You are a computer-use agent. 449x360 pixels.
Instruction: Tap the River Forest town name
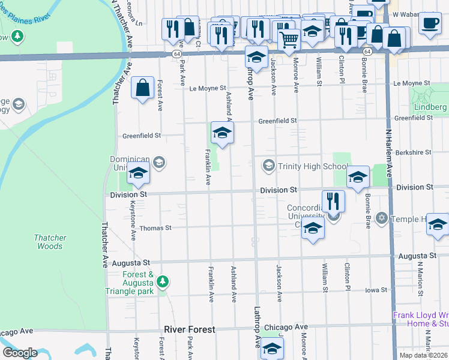pyautogui.click(x=189, y=330)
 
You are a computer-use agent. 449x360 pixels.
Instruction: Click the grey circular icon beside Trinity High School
pyautogui.click(x=268, y=165)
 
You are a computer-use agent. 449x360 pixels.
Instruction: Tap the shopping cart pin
pyautogui.click(x=289, y=40)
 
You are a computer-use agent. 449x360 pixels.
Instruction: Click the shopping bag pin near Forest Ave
pyautogui.click(x=143, y=88)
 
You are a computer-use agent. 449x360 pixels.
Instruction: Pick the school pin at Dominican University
pyautogui.click(x=138, y=174)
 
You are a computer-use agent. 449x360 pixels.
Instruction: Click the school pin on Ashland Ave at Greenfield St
pyautogui.click(x=221, y=133)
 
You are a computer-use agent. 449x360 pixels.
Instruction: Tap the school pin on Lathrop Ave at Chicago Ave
pyautogui.click(x=272, y=349)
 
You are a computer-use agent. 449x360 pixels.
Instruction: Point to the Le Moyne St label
pyautogui.click(x=207, y=89)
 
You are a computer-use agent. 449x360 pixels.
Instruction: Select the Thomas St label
pyautogui.click(x=155, y=228)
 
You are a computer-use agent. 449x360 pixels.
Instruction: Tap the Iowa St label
pyautogui.click(x=376, y=290)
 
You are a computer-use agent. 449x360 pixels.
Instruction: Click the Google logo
pyautogui.click(x=20, y=353)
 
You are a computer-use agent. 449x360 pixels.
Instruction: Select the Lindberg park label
pyautogui.click(x=430, y=107)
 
